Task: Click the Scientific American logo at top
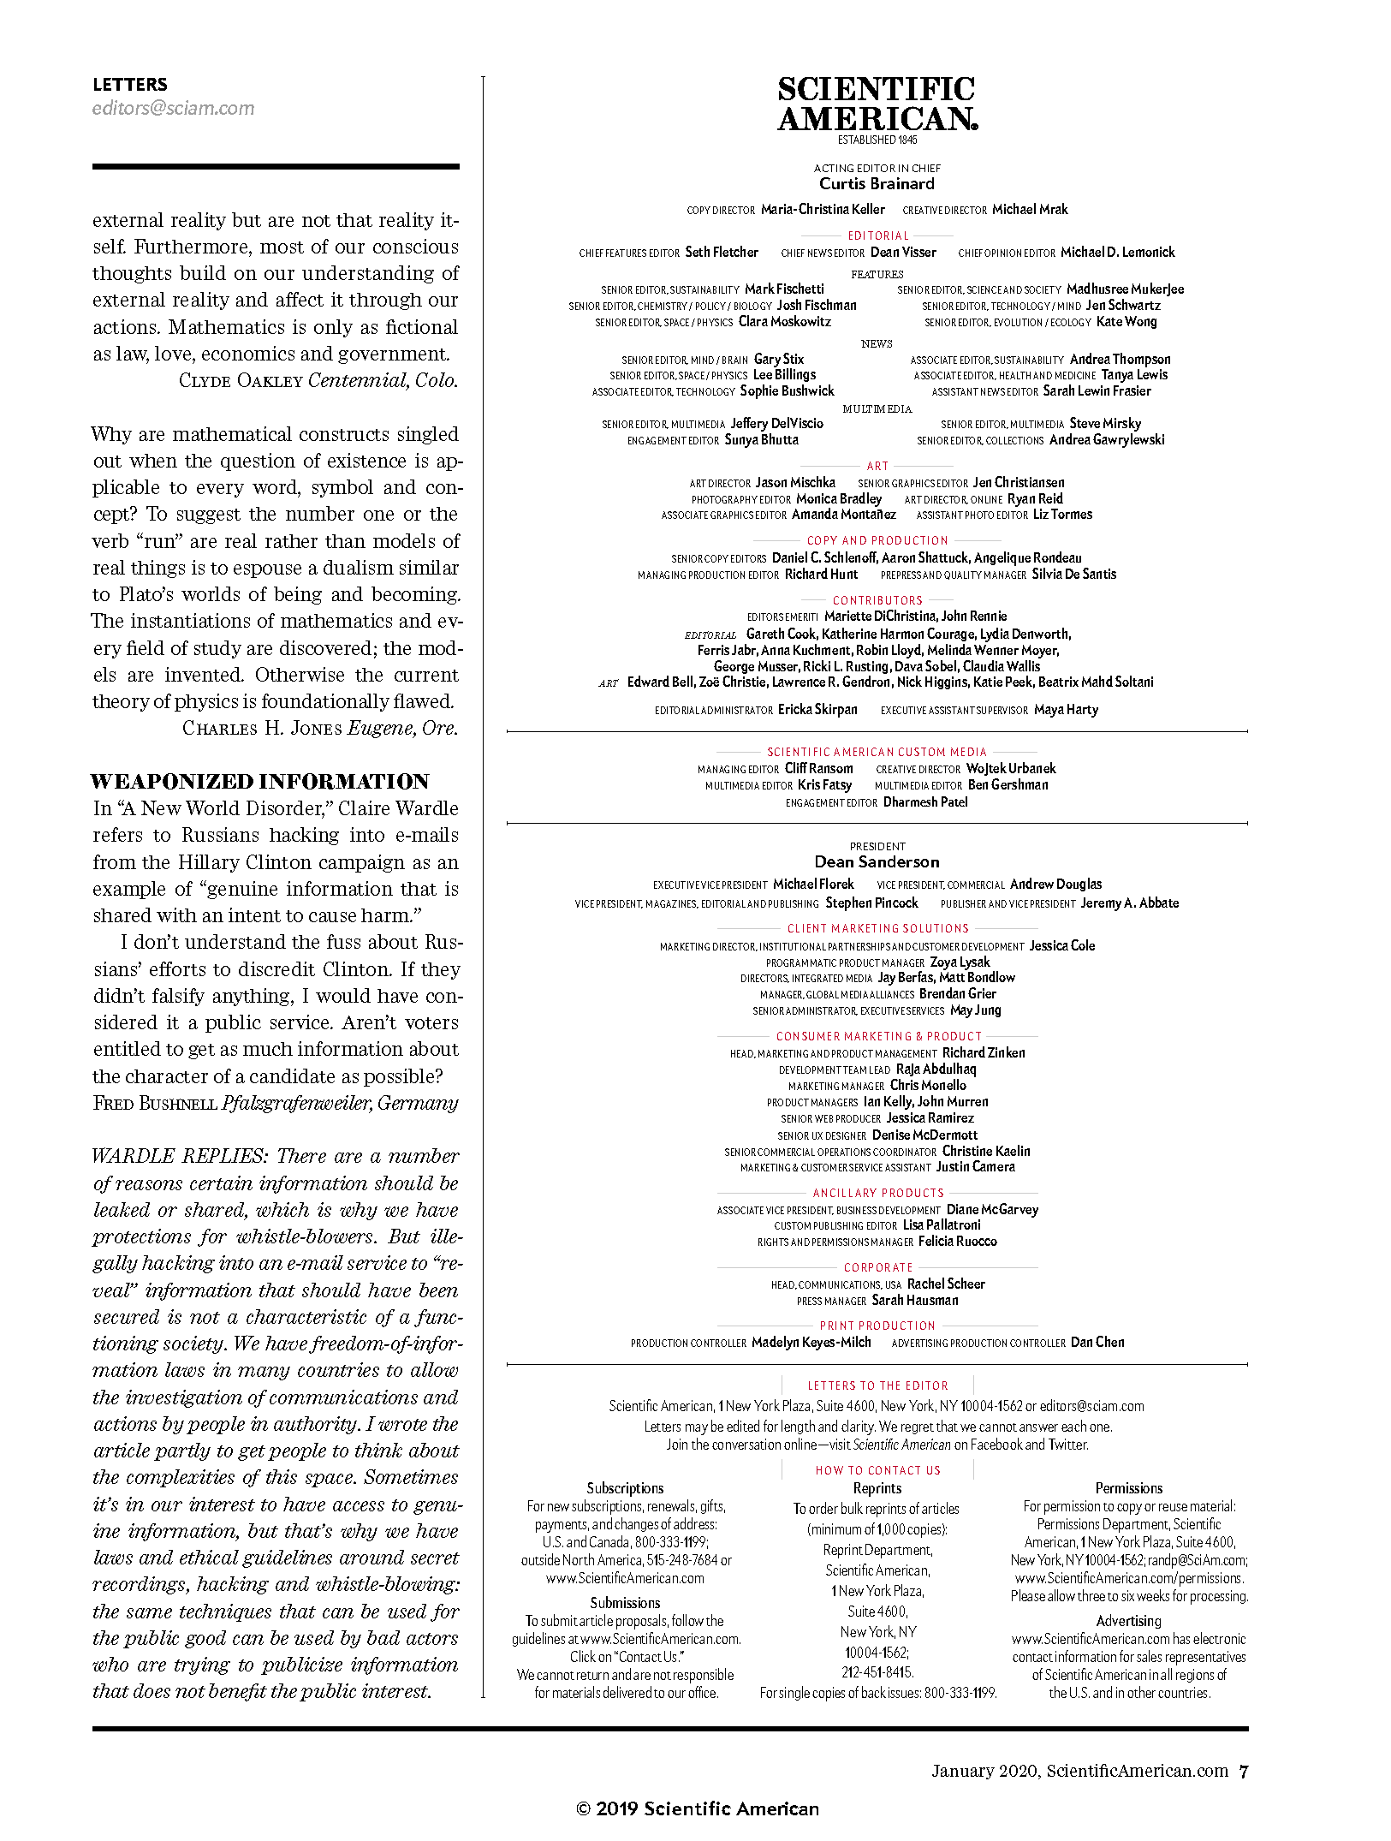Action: (x=877, y=104)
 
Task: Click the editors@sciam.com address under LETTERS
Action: (x=173, y=109)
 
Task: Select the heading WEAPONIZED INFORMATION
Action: (x=260, y=782)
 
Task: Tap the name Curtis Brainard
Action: (x=877, y=184)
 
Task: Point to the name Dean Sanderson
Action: (x=877, y=862)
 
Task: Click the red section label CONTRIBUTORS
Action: (x=877, y=600)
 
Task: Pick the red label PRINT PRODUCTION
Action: (x=877, y=1326)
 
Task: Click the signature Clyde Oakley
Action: (x=241, y=381)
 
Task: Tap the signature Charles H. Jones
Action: (x=262, y=729)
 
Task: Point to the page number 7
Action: (x=1244, y=1772)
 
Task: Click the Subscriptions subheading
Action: (x=625, y=1488)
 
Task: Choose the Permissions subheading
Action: (x=1128, y=1488)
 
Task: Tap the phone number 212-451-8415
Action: (x=877, y=1672)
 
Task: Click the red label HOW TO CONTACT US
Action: (x=877, y=1470)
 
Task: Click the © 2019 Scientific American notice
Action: (x=698, y=1808)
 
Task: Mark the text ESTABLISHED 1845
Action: (x=877, y=140)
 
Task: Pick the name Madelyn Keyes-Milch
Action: (x=811, y=1343)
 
